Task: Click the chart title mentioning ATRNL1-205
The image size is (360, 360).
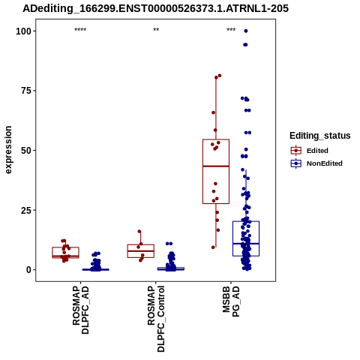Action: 155,8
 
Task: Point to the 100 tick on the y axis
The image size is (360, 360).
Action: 23,31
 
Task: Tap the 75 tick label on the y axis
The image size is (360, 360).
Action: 26,91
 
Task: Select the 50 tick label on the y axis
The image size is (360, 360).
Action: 26,151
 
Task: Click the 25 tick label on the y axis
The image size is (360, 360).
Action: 26,210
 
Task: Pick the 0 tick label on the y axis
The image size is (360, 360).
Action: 29,270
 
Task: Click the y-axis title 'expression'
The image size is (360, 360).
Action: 8,150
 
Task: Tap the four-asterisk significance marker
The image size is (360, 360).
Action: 80,30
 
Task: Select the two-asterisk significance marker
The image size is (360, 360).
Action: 156,30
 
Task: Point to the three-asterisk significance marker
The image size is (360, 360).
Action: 231,30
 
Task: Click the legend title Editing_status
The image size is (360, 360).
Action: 320,136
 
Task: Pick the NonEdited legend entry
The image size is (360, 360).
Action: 316,163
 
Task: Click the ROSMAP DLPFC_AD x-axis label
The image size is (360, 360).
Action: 80,310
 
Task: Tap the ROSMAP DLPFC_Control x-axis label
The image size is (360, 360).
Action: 156,319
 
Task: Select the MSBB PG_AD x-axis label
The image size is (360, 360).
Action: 231,301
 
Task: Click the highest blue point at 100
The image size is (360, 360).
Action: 246,31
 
